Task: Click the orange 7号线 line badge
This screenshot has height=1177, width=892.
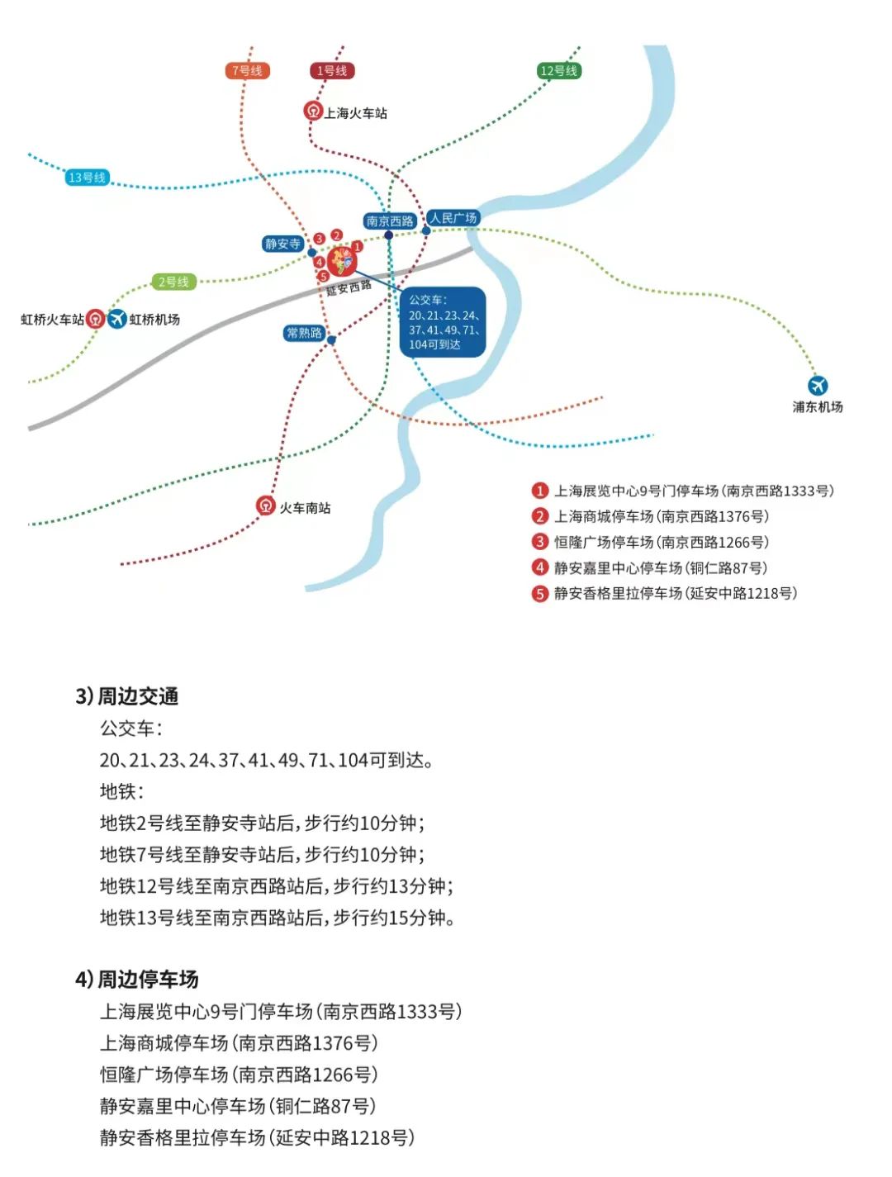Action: (247, 71)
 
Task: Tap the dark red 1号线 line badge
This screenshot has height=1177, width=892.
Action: (331, 71)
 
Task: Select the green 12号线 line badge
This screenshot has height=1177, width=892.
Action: (559, 71)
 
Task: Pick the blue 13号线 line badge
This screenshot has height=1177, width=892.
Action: (87, 178)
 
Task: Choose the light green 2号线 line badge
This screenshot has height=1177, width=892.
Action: (173, 282)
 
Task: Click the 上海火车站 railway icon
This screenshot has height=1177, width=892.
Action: (313, 111)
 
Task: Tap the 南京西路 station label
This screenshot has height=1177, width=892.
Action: (390, 221)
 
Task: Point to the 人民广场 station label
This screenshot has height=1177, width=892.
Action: (453, 218)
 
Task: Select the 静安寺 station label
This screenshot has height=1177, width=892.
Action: (282, 244)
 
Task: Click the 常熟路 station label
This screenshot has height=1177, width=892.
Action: (304, 333)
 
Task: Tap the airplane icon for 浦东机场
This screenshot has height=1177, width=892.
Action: (818, 385)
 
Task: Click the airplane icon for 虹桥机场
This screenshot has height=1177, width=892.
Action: (117, 318)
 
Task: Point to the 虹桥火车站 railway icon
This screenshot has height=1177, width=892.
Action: (96, 319)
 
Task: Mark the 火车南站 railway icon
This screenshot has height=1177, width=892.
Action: (265, 505)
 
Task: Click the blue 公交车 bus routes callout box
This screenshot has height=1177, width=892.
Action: (443, 322)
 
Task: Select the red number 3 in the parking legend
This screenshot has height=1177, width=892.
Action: (540, 542)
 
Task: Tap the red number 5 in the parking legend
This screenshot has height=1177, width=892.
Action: (540, 593)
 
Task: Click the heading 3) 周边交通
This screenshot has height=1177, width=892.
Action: (127, 696)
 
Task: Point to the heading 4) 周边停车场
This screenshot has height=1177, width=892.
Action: (137, 980)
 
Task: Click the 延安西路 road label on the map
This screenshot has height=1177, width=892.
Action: (349, 287)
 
